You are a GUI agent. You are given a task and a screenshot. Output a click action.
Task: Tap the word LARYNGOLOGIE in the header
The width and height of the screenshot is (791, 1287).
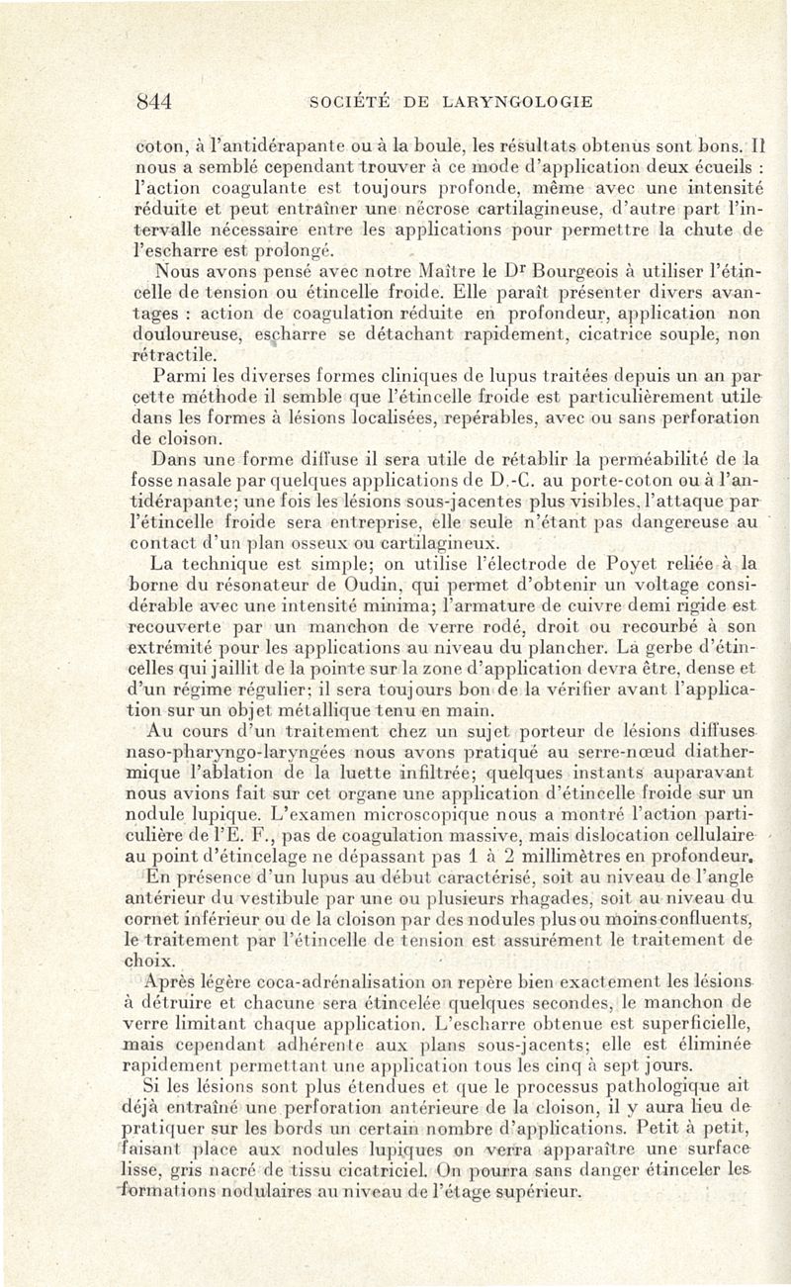click(519, 100)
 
